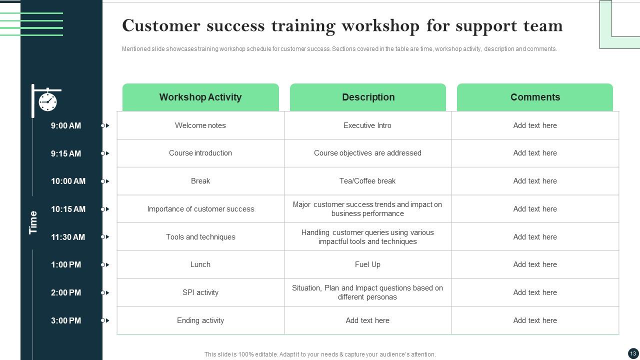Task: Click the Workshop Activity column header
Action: (x=200, y=97)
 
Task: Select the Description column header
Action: (x=368, y=97)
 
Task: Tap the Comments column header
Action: (x=535, y=97)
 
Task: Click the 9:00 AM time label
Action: (x=66, y=125)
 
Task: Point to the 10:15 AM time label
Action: (x=68, y=209)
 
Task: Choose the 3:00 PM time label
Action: (x=66, y=320)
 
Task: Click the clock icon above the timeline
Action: (x=47, y=101)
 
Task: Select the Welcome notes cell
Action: (x=200, y=125)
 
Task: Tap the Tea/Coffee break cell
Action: (x=367, y=181)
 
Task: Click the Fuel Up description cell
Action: (x=367, y=264)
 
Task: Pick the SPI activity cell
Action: (x=200, y=292)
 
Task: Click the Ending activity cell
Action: (x=200, y=320)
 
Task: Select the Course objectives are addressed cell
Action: (x=367, y=153)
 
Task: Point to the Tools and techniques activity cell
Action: (x=200, y=237)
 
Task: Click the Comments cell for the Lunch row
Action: (x=535, y=264)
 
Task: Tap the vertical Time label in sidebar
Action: (x=33, y=222)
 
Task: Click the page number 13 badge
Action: (x=633, y=353)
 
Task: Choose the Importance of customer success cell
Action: (x=200, y=209)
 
